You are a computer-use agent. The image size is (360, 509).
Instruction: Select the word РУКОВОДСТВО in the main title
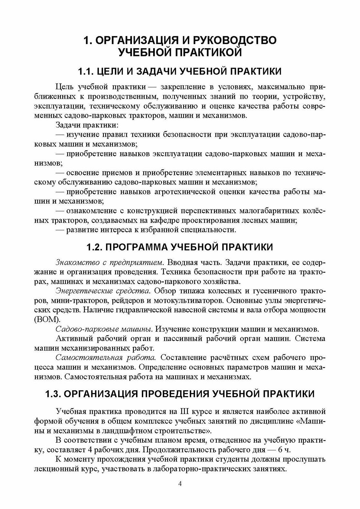236,41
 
